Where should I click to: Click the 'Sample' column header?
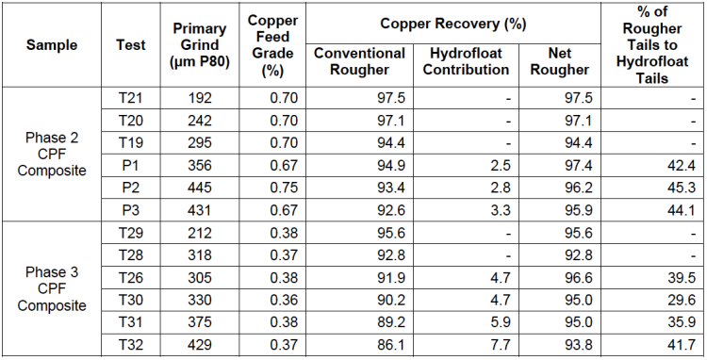pyautogui.click(x=52, y=45)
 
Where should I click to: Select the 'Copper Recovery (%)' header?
pyautogui.click(x=453, y=24)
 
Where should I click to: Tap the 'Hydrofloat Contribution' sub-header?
pyautogui.click(x=467, y=61)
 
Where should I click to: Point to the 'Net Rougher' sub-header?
pyautogui.click(x=560, y=61)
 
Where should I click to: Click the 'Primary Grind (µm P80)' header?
pyautogui.click(x=199, y=45)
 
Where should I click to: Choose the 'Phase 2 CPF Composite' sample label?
pyautogui.click(x=52, y=155)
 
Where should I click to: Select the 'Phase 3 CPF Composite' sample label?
pyautogui.click(x=52, y=288)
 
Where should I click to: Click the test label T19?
pyautogui.click(x=131, y=143)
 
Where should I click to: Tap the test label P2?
pyautogui.click(x=131, y=188)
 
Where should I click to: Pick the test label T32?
pyautogui.click(x=131, y=345)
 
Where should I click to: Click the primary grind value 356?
pyautogui.click(x=199, y=165)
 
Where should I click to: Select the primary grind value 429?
pyautogui.click(x=199, y=345)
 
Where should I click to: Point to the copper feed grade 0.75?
pyautogui.click(x=284, y=188)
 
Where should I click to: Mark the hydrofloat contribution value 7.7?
pyautogui.click(x=500, y=345)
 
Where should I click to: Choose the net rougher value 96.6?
pyautogui.click(x=579, y=278)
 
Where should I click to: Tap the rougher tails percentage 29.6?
pyautogui.click(x=682, y=300)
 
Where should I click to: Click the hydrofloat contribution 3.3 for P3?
pyautogui.click(x=500, y=210)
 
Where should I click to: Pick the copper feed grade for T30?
pyautogui.click(x=284, y=300)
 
